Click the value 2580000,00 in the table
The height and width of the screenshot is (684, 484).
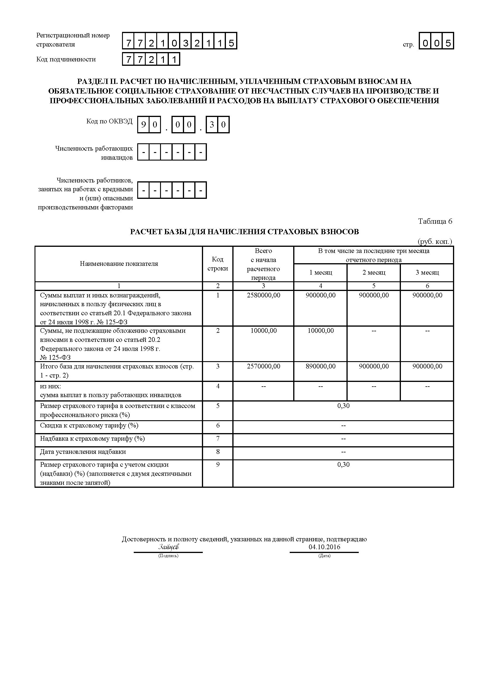tap(263, 295)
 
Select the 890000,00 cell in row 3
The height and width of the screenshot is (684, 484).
tap(320, 366)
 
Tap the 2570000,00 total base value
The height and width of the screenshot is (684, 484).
tap(263, 366)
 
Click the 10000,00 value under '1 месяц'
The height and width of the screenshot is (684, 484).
tap(320, 331)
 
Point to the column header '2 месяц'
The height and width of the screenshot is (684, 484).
tap(374, 273)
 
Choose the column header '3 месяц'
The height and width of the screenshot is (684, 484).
tap(427, 273)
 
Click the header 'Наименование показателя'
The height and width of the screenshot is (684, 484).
tap(119, 264)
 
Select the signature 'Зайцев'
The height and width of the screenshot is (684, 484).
tap(169, 547)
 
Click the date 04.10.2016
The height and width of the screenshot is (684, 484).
tap(324, 547)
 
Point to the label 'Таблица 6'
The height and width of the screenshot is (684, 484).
tap(435, 221)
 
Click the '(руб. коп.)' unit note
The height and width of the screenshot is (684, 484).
tap(435, 242)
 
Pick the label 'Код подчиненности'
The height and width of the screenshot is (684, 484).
tap(66, 59)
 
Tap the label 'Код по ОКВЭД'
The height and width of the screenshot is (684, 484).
tap(109, 121)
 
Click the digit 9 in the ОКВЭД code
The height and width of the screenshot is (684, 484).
tap(143, 125)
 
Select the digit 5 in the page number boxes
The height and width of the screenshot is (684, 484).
tap(448, 44)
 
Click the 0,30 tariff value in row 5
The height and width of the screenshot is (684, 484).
tap(343, 406)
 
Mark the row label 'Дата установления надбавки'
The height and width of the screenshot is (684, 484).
tap(83, 452)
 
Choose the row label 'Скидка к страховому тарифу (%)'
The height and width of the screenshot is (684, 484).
tap(89, 425)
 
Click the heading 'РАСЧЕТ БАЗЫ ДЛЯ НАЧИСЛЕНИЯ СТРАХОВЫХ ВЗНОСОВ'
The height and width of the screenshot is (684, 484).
tap(244, 232)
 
